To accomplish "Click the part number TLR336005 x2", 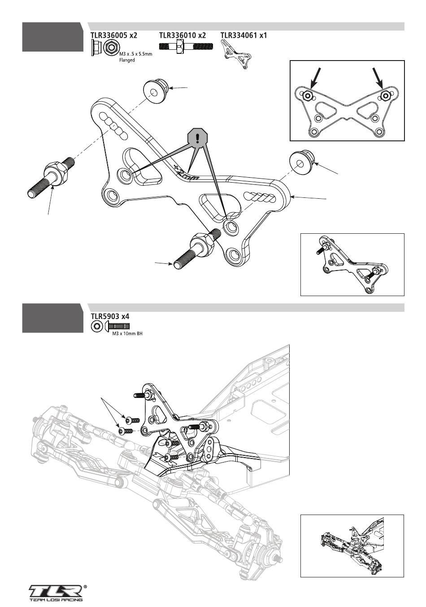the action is (x=114, y=35).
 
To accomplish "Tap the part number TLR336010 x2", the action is (x=182, y=35).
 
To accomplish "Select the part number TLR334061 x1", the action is (x=243, y=35).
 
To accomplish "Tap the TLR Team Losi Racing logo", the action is (x=56, y=593).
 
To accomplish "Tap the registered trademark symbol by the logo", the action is (x=85, y=586).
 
